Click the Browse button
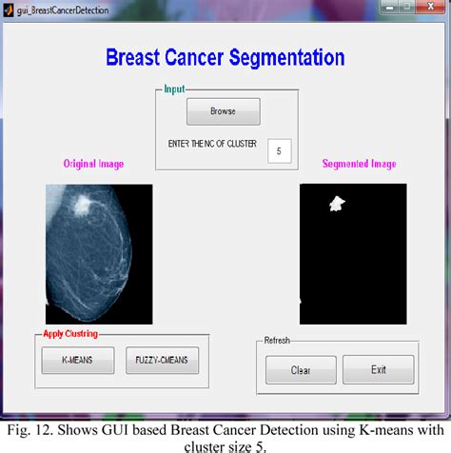(x=223, y=111)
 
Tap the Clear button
(x=300, y=369)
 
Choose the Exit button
(x=378, y=369)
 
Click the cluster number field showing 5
(x=279, y=150)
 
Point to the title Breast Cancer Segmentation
(x=225, y=57)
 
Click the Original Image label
(x=94, y=164)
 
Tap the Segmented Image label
(x=359, y=164)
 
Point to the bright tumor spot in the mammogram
(x=86, y=203)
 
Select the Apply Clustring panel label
(x=69, y=334)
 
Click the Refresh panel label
(x=277, y=340)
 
